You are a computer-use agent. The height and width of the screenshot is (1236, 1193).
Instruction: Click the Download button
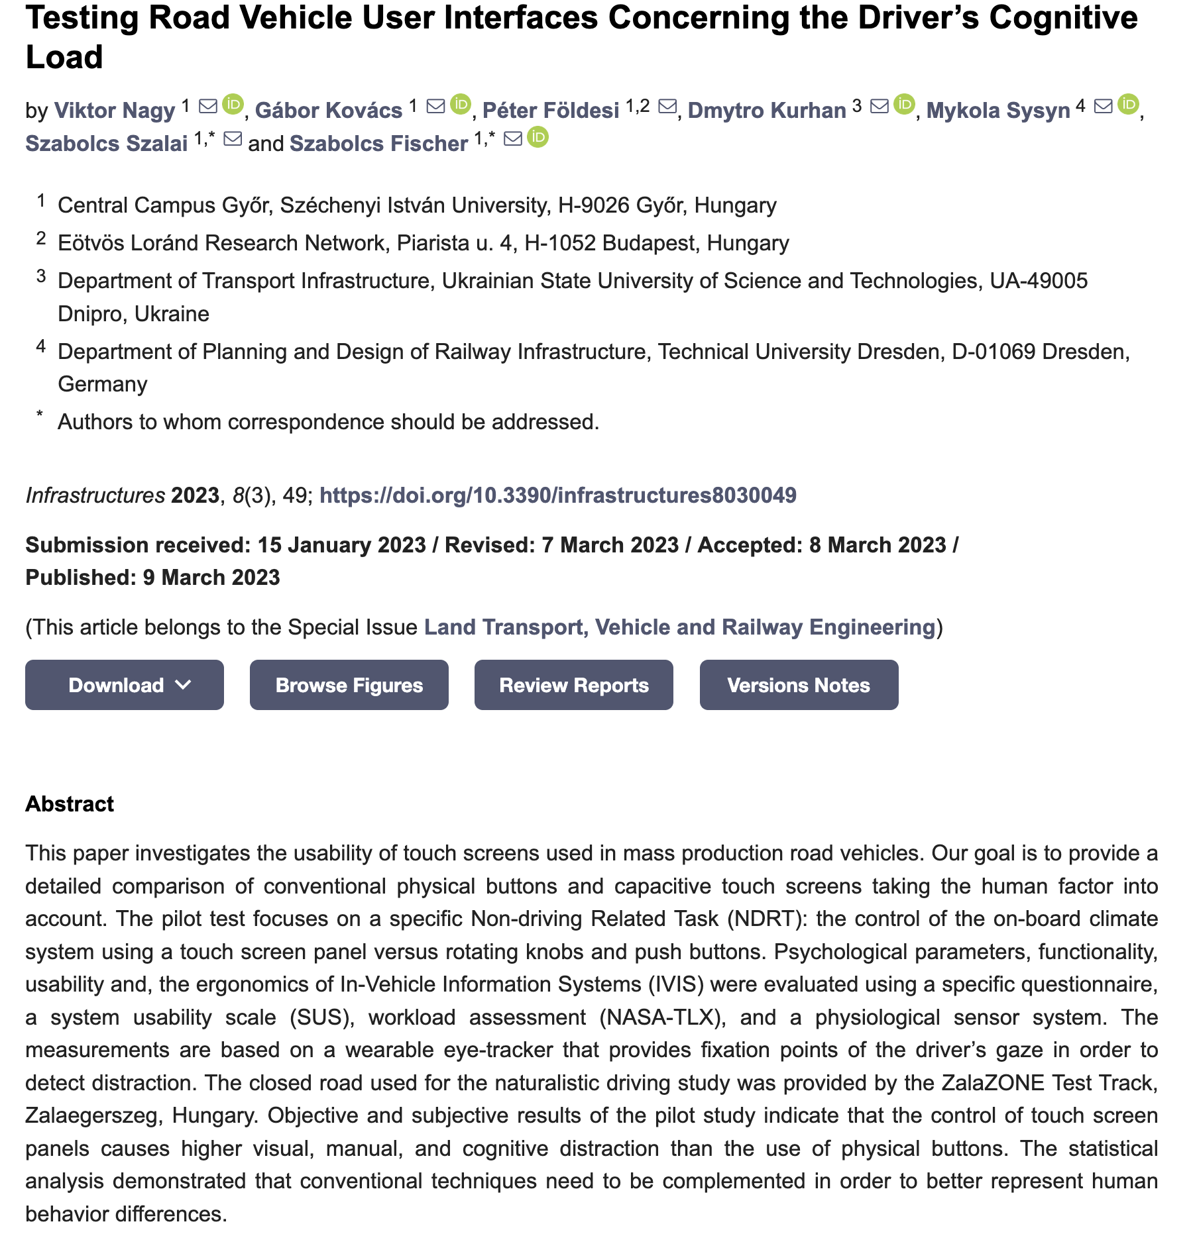click(124, 685)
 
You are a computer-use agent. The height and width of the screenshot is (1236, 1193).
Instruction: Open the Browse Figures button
click(349, 685)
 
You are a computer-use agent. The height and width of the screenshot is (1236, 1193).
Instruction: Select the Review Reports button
click(573, 685)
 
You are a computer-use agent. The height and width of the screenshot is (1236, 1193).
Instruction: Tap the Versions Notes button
click(799, 685)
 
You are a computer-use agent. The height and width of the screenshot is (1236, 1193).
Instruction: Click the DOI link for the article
click(557, 495)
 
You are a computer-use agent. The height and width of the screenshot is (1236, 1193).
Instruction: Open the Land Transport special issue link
click(679, 627)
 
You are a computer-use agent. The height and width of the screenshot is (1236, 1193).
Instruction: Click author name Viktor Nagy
click(115, 110)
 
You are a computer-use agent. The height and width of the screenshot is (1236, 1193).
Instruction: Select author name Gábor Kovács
click(329, 110)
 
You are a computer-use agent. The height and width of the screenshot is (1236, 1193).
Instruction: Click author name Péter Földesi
click(551, 110)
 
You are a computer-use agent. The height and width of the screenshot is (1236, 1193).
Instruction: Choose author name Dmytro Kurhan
click(767, 110)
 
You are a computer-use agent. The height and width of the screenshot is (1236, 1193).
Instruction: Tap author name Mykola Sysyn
click(998, 110)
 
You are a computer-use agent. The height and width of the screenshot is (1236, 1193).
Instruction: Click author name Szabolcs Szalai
click(107, 143)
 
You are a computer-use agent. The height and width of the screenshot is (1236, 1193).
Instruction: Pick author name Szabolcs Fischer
click(379, 143)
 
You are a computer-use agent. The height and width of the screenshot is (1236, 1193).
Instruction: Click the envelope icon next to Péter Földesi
click(667, 106)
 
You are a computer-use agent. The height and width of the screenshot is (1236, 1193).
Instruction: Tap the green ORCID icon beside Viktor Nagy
click(233, 105)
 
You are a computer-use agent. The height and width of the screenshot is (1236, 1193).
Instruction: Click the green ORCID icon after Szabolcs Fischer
click(538, 138)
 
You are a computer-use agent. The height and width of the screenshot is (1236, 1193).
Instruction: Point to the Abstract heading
click(70, 804)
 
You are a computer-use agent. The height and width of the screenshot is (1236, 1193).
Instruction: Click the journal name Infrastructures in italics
click(95, 495)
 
